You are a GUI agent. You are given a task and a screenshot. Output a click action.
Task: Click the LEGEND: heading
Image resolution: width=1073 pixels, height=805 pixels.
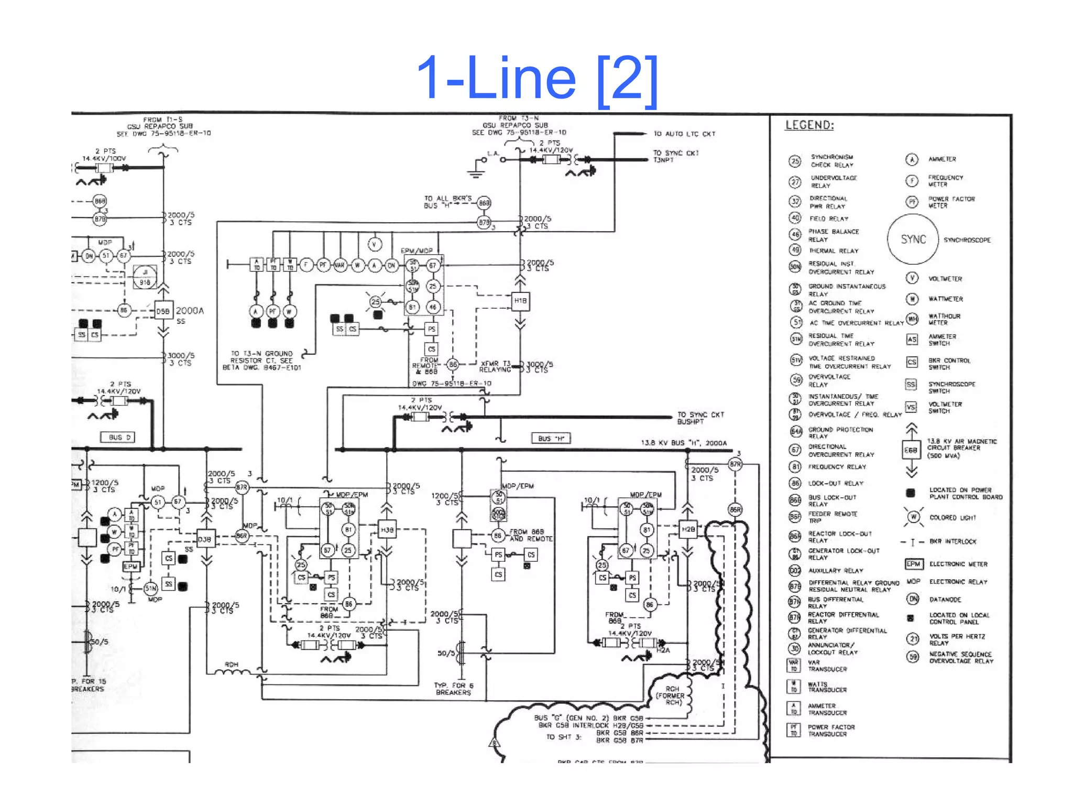[809, 125]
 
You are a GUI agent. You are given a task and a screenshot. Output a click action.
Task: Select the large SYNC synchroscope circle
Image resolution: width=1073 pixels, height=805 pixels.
[913, 240]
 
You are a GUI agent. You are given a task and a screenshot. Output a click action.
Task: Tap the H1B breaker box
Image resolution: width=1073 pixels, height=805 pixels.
[520, 301]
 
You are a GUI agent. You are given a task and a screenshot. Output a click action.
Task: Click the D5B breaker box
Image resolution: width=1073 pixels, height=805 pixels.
[163, 311]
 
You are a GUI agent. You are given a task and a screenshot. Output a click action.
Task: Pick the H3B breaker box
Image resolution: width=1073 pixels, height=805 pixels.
[387, 530]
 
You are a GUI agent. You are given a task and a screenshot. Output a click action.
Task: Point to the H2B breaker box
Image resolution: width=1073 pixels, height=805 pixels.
[687, 529]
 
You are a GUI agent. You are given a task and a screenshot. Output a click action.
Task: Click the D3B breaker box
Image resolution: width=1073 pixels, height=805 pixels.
[206, 539]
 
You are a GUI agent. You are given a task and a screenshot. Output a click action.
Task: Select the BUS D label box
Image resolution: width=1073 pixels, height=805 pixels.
[117, 437]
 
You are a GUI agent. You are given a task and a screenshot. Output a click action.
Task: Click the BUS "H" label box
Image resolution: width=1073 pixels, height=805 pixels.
[551, 438]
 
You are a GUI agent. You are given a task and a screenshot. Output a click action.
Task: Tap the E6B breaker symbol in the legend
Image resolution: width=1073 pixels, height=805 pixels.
[911, 450]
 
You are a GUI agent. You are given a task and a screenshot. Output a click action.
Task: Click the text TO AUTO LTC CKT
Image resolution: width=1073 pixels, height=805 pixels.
[684, 134]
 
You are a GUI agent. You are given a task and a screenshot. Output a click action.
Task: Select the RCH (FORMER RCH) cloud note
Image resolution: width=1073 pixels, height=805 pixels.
[673, 695]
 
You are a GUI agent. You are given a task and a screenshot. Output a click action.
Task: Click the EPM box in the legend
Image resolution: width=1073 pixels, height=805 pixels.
[913, 564]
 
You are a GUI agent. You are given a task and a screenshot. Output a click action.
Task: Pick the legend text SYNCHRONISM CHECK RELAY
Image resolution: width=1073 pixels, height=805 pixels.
[832, 161]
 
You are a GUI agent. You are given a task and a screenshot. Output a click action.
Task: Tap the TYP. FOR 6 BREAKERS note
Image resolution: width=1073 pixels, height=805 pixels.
[453, 689]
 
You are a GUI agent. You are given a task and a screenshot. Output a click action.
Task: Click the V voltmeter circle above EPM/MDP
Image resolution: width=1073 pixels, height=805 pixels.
[374, 244]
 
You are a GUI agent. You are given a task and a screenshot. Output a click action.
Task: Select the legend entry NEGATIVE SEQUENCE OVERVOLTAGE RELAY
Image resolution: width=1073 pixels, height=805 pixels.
[961, 658]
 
